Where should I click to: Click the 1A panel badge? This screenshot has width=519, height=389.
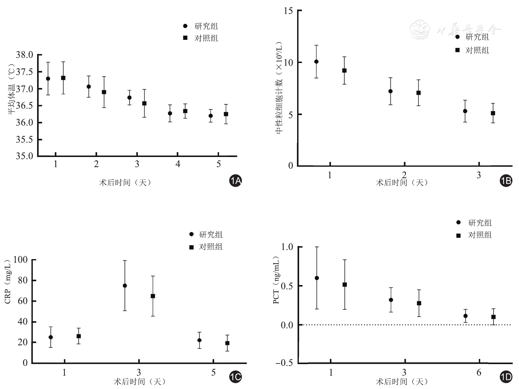[x=236, y=181]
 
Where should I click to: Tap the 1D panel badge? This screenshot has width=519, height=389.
[x=506, y=377]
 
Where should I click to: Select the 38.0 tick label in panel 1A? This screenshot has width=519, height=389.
[x=25, y=55]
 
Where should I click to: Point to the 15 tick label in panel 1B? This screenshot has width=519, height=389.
[x=288, y=11]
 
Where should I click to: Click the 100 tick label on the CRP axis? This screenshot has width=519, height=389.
[x=20, y=260]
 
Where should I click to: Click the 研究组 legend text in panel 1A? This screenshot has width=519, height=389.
[x=206, y=26]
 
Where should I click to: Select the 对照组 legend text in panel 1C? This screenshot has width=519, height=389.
[x=211, y=247]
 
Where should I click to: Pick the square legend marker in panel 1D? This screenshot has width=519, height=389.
[x=459, y=236]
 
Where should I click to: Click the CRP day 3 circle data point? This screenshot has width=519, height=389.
[x=125, y=286]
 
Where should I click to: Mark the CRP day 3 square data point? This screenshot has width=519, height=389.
[x=153, y=296]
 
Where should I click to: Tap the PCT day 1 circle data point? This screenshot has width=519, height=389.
[x=317, y=278]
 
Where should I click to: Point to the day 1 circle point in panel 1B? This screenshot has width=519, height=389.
[x=316, y=62]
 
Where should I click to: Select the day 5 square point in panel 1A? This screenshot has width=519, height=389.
[x=226, y=114]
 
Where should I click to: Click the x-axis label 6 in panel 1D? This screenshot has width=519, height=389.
[x=479, y=372]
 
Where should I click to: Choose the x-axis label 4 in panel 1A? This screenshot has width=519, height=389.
[x=178, y=164]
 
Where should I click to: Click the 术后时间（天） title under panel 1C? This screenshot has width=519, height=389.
[x=139, y=381]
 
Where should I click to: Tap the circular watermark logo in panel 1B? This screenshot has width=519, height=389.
[x=420, y=29]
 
